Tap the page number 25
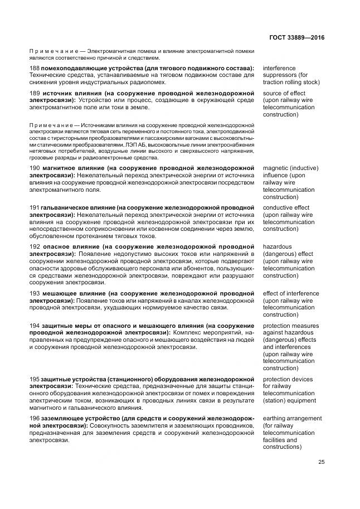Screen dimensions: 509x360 point(322,461)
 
